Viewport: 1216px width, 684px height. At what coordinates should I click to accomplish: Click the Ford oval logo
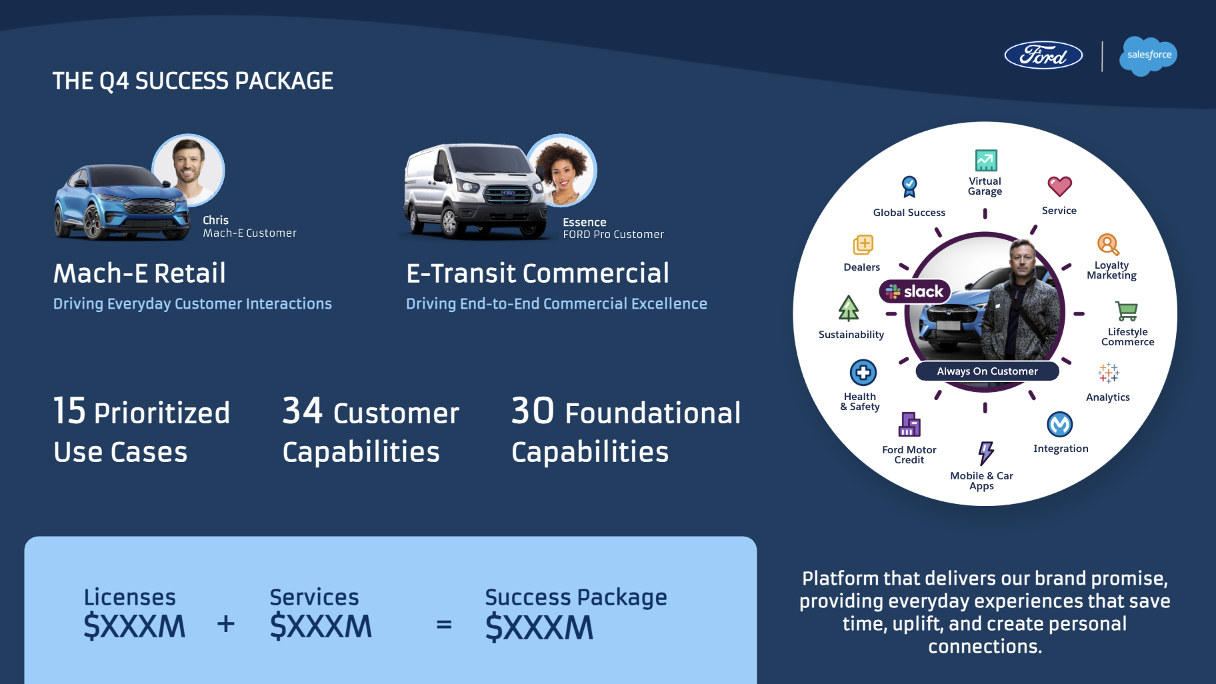click(1043, 55)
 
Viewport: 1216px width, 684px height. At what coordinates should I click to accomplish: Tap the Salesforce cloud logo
click(1149, 55)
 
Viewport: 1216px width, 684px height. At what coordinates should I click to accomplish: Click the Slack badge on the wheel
click(915, 291)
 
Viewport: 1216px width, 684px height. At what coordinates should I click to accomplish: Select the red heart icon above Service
click(1059, 187)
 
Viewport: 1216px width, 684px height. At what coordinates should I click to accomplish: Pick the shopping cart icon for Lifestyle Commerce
click(1127, 311)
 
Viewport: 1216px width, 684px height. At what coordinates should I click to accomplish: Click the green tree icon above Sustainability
click(849, 308)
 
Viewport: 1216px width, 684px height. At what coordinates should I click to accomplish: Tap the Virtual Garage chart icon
click(986, 161)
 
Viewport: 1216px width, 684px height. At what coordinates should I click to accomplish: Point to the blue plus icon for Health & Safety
click(863, 373)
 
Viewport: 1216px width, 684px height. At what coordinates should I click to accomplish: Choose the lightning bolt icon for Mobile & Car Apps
click(985, 453)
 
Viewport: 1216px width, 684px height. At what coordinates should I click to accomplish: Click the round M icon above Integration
click(1060, 424)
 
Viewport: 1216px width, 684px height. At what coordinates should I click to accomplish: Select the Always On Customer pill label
click(987, 371)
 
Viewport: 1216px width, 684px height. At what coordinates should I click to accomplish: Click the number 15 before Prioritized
click(70, 411)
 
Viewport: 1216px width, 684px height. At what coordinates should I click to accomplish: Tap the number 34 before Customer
click(303, 411)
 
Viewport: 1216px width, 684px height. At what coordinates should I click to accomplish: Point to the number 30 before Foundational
click(533, 411)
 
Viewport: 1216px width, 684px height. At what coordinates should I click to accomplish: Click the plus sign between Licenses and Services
click(226, 624)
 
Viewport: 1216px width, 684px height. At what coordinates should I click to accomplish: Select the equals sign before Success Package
click(444, 625)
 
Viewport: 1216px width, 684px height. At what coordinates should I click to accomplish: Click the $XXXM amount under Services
click(321, 627)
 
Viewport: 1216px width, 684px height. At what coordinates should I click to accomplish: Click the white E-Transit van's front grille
click(507, 194)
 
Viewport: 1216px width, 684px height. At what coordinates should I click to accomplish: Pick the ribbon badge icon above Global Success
click(909, 187)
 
